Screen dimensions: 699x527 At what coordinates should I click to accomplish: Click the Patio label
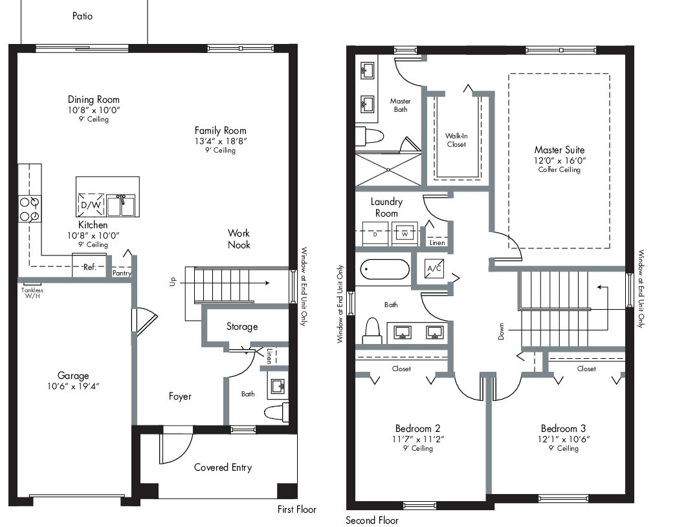[82, 16]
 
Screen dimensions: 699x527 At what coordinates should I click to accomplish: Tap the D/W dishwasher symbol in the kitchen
[91, 205]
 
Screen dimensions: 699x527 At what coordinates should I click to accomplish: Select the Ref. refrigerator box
[89, 266]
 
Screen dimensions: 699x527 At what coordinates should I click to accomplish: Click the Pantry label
[122, 273]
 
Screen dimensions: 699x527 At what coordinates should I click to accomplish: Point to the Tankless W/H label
[32, 293]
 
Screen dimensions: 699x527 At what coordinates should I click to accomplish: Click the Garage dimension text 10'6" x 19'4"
[73, 386]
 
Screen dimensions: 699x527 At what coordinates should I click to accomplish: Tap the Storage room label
[242, 327]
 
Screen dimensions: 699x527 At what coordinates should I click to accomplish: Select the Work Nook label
[239, 239]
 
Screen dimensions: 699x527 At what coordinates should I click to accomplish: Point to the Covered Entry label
[223, 468]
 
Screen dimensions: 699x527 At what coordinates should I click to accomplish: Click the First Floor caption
[297, 509]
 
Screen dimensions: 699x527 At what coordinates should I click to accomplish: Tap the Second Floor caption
[372, 521]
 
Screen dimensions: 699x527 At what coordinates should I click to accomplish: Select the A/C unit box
[434, 268]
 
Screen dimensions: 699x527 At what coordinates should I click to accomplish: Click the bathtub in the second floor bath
[384, 270]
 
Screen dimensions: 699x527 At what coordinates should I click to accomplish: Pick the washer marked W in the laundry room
[405, 234]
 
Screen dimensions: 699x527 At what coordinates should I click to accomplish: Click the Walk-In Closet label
[456, 140]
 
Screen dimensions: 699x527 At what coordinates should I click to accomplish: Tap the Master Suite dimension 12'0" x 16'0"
[560, 160]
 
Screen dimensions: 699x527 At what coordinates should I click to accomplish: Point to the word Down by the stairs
[501, 332]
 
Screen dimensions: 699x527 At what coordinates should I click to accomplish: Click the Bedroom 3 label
[564, 429]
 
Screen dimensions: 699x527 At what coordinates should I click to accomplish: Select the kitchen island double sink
[120, 205]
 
